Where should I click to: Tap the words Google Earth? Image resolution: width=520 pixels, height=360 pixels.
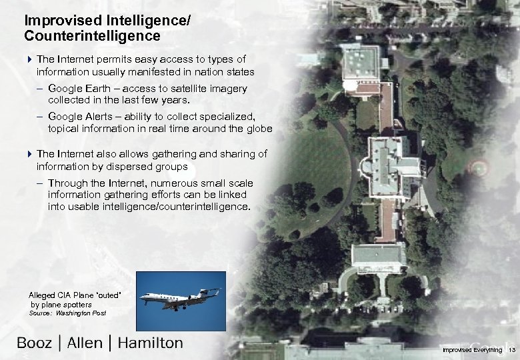tap(75, 89)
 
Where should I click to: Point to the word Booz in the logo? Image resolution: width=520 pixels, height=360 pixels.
tap(34, 343)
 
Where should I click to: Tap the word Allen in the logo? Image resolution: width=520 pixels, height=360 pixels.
tap(85, 343)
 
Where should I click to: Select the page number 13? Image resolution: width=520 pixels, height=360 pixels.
tap(512, 350)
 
